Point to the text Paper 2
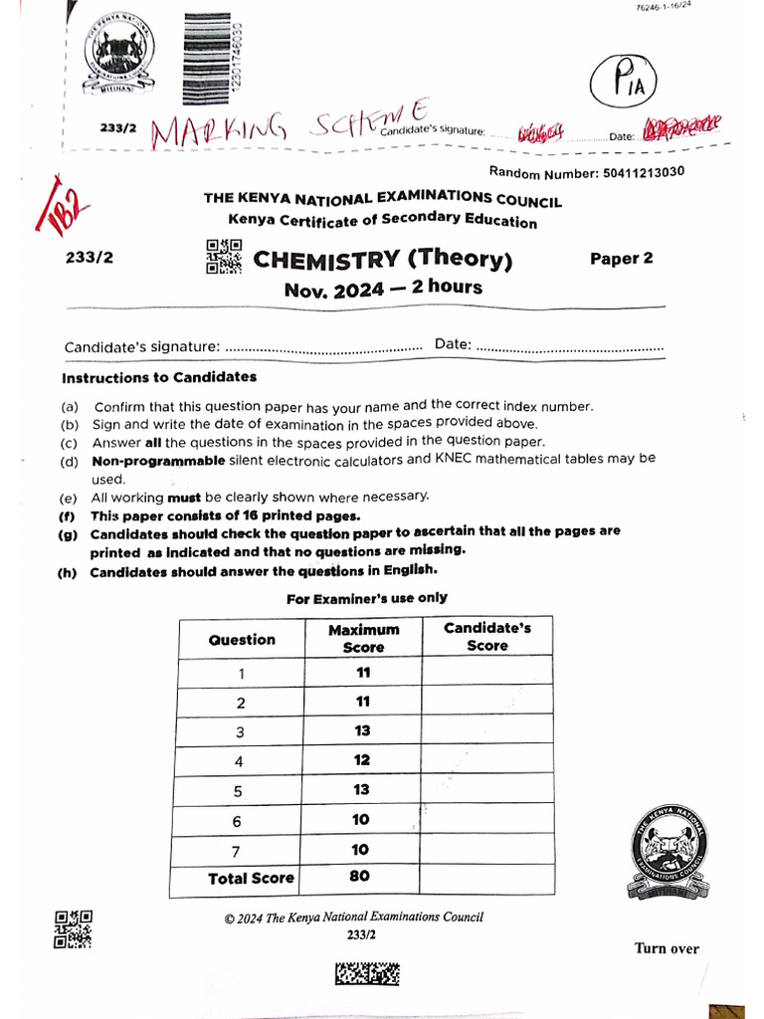(x=622, y=259)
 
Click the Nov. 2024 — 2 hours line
(x=383, y=289)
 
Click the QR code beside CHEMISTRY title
(x=224, y=256)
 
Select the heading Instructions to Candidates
(x=159, y=377)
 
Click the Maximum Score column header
(x=363, y=638)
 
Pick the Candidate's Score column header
(x=487, y=637)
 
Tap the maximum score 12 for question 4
(x=361, y=759)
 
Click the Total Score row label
(x=251, y=879)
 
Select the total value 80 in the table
(x=360, y=877)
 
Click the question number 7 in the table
(x=242, y=850)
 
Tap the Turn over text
(x=667, y=948)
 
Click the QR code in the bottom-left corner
(x=73, y=927)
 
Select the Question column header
(x=242, y=640)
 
